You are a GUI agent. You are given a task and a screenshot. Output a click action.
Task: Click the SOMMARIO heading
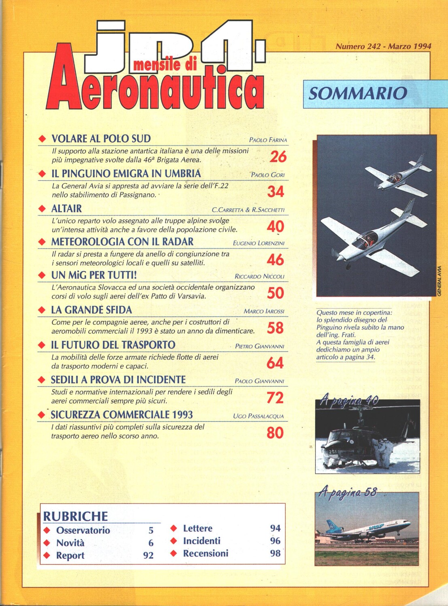point(357,93)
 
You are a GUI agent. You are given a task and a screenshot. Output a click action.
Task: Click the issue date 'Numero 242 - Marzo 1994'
point(383,46)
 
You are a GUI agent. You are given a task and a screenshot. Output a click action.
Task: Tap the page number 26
point(278,157)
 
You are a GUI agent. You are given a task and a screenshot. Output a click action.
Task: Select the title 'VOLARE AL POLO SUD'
point(101,139)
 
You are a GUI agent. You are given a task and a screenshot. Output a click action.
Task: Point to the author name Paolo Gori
point(268,175)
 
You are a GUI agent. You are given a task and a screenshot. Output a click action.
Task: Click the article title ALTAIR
point(67,209)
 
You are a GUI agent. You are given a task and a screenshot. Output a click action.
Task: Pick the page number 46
point(275,260)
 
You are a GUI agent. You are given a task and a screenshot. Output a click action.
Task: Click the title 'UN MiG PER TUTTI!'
point(94,276)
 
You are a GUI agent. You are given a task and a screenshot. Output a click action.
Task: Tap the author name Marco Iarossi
point(264,311)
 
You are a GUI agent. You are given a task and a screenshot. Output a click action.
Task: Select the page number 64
point(275,363)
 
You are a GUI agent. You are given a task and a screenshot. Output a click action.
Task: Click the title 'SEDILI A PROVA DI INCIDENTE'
point(118,380)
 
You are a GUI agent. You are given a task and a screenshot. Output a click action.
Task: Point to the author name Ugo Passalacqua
point(258,416)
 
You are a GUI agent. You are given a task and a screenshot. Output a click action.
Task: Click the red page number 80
point(275,433)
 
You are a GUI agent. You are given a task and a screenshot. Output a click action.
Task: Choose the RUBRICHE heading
point(76,516)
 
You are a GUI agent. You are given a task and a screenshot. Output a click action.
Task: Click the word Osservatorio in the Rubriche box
point(83,530)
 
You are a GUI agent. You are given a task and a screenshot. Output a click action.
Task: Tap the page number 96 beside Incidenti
point(275,541)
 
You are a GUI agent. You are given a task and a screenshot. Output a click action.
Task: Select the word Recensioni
point(206,553)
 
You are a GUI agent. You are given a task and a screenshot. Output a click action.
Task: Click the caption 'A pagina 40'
point(349,401)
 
